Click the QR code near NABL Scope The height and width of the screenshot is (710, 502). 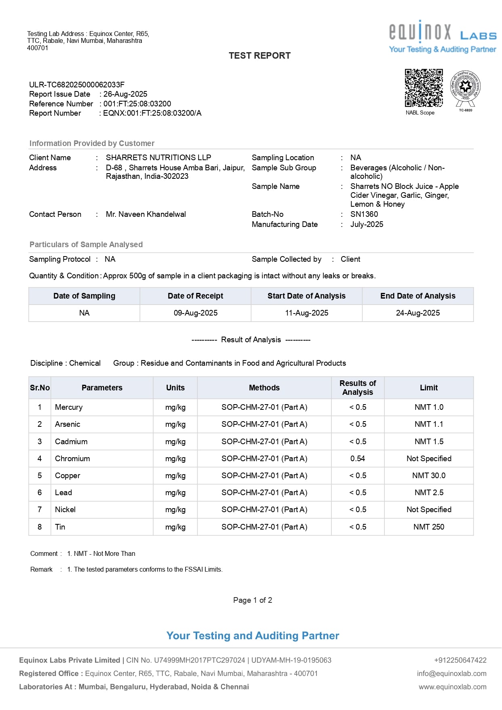pyautogui.click(x=424, y=88)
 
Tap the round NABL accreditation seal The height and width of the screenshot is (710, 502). pyautogui.click(x=466, y=87)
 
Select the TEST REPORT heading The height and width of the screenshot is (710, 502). pyautogui.click(x=259, y=56)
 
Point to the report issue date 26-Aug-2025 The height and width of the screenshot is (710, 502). pyautogui.click(x=125, y=94)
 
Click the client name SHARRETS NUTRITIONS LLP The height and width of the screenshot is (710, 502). pyautogui.click(x=158, y=158)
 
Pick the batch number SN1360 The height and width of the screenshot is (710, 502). pyautogui.click(x=364, y=214)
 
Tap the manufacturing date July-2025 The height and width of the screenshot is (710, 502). pyautogui.click(x=367, y=225)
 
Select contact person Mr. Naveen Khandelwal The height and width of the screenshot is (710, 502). pyautogui.click(x=146, y=214)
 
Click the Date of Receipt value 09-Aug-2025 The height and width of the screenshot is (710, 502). pyautogui.click(x=196, y=313)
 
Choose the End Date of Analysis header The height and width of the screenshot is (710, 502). pyautogui.click(x=418, y=296)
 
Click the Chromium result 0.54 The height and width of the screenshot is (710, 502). pyautogui.click(x=358, y=459)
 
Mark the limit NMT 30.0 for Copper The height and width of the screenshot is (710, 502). pyautogui.click(x=429, y=476)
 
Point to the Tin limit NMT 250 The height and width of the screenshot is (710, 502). pyautogui.click(x=429, y=527)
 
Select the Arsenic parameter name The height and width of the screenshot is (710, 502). pyautogui.click(x=67, y=424)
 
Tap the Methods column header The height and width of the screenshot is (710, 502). pyautogui.click(x=264, y=388)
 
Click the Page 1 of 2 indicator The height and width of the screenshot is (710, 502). pyautogui.click(x=253, y=600)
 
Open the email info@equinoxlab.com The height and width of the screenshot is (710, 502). pyautogui.click(x=451, y=674)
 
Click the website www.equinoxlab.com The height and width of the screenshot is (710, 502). pyautogui.click(x=452, y=687)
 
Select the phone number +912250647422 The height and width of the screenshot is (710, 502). pyautogui.click(x=460, y=660)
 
